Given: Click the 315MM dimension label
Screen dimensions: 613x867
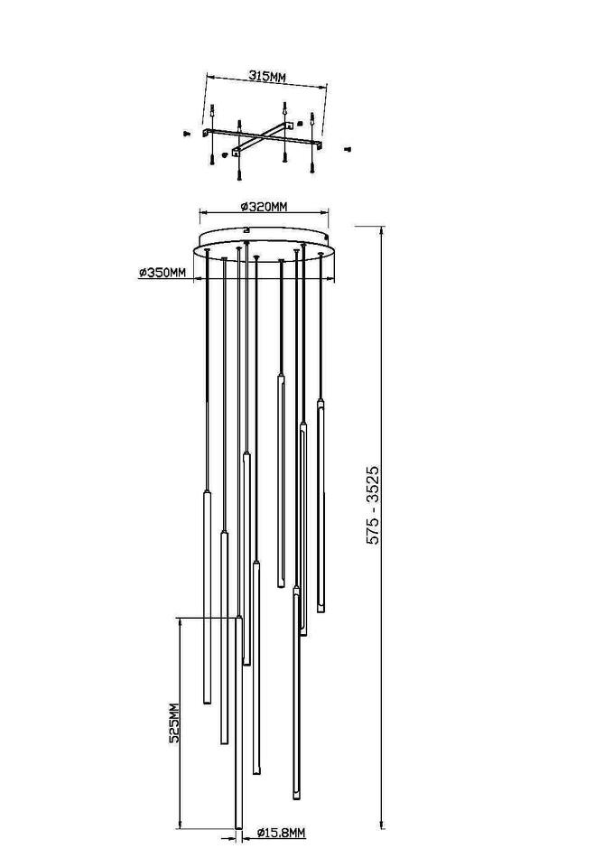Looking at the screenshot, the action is point(267,77).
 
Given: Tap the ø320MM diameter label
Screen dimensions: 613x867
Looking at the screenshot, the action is point(265,207).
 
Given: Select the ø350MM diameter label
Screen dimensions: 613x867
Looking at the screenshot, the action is point(162,273).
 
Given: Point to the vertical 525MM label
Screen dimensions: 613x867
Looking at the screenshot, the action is point(174,723).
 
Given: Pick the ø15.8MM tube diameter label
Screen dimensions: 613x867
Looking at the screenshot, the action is point(282,848).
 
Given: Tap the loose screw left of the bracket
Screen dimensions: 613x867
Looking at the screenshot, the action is point(186,134).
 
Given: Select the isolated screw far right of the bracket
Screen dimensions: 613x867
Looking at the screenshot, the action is point(348,148).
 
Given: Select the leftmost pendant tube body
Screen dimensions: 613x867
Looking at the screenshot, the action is point(208,597).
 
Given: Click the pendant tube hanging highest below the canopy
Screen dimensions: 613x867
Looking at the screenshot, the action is point(281,480).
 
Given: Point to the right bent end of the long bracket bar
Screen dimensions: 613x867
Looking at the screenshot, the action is point(319,144).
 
